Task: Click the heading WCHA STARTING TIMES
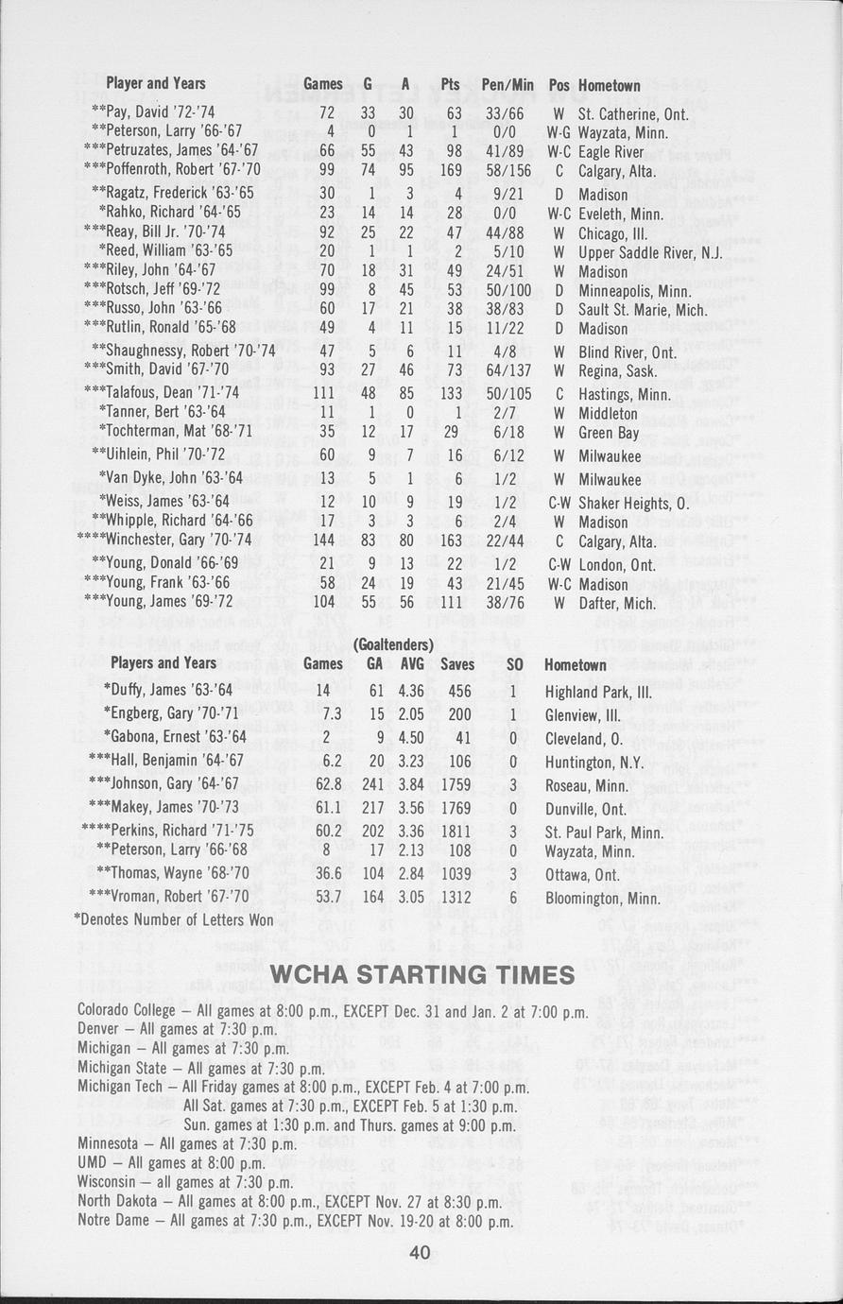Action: click(421, 974)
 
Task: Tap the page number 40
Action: click(421, 1253)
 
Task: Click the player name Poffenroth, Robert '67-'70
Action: click(169, 172)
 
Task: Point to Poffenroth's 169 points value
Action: click(450, 172)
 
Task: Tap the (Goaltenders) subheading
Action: click(392, 644)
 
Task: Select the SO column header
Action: click(515, 664)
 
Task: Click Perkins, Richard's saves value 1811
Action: click(457, 832)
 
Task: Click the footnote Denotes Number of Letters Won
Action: click(174, 919)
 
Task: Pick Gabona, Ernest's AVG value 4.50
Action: click(412, 736)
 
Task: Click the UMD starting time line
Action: click(171, 1162)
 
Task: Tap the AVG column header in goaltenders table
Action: click(412, 664)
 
